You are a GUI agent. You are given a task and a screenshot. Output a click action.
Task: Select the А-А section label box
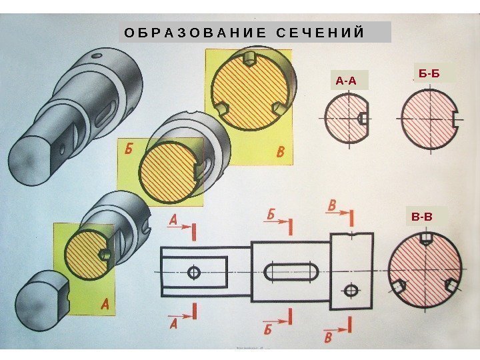click(x=346, y=81)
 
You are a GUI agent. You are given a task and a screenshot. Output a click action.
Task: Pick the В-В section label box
click(x=422, y=217)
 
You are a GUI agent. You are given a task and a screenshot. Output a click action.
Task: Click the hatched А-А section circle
click(x=345, y=117)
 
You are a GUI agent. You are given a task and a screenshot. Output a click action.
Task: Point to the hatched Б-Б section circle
click(x=427, y=117)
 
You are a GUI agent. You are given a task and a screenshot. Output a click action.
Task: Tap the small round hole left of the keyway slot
click(x=194, y=272)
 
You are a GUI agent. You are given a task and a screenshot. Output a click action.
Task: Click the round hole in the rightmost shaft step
click(x=351, y=290)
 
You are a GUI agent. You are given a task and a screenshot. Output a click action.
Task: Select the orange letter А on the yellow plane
click(x=105, y=304)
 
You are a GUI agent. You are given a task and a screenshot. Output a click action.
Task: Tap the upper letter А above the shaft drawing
click(x=174, y=219)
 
